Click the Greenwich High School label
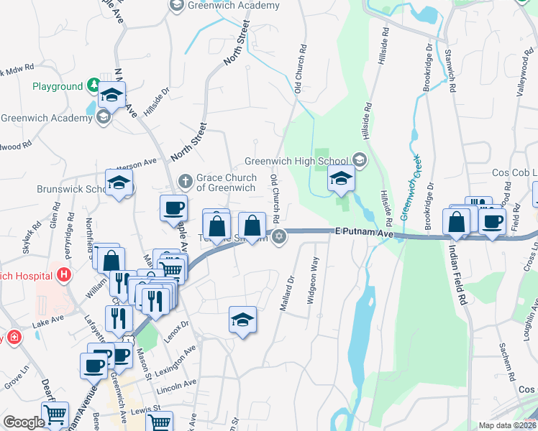[296, 160]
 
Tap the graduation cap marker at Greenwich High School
[341, 180]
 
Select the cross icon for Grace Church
[184, 180]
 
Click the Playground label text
[58, 87]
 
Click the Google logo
[24, 422]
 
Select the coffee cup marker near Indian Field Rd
[493, 222]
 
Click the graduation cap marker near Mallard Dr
[243, 320]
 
